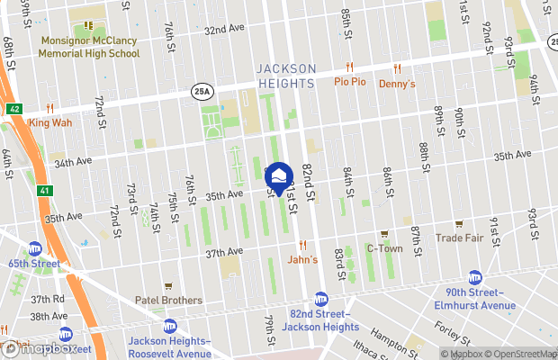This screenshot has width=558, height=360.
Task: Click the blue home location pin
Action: point(280,176)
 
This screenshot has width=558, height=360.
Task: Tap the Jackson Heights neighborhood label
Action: point(286,76)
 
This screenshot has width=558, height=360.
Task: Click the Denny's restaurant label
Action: point(397,85)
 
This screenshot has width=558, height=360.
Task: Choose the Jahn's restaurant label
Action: point(302,259)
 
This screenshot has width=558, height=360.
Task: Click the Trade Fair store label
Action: point(459,238)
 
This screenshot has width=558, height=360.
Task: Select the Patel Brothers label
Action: point(168,301)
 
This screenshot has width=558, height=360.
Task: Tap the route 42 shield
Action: point(14,107)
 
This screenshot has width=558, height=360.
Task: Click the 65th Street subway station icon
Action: point(35,248)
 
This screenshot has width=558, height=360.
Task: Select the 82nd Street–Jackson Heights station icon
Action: point(320,299)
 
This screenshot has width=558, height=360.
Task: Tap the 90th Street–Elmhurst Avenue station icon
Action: point(474,278)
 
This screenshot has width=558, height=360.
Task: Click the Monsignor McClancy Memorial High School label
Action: point(88,48)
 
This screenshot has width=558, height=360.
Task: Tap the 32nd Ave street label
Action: point(224,29)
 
